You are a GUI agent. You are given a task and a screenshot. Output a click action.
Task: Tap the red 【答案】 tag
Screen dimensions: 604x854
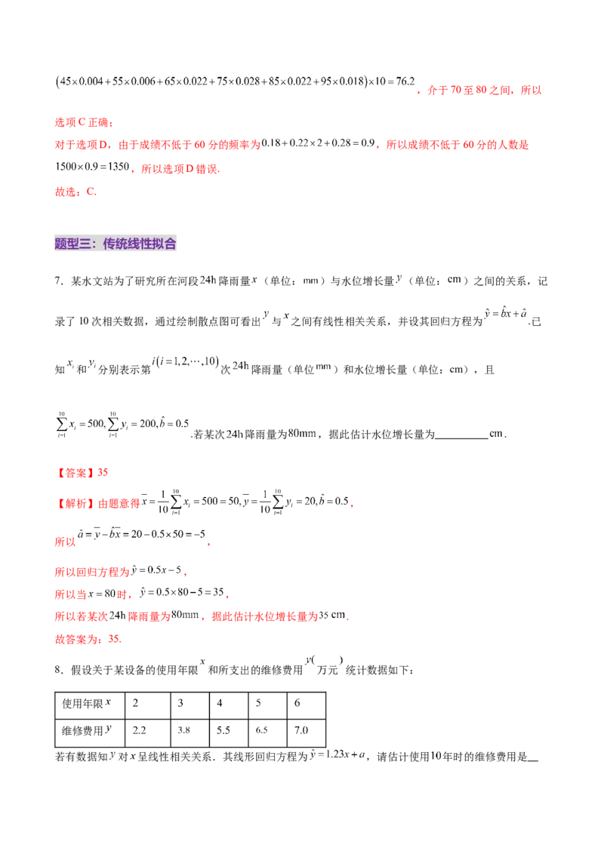76,473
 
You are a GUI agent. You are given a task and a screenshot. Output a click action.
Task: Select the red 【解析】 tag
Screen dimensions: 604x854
76,504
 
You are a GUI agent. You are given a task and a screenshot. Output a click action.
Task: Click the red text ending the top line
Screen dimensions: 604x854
479,91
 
